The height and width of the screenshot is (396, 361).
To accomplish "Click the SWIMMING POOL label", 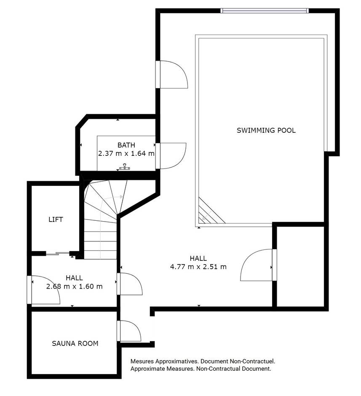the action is click(266, 130).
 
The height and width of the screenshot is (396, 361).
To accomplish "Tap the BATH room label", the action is click(126, 145).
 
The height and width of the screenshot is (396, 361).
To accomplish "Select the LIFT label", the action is click(56, 219).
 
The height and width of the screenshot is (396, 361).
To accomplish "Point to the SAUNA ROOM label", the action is click(75, 343).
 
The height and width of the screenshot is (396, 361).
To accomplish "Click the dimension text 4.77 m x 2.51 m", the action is click(198, 267).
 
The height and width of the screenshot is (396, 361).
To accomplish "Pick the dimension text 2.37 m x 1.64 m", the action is click(126, 153).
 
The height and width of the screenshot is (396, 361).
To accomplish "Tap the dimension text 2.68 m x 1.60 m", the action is click(75, 286).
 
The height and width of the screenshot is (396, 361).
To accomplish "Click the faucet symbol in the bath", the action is click(124, 167).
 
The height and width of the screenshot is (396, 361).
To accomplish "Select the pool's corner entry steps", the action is click(211, 211).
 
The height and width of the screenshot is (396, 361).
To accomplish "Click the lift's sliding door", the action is click(58, 253).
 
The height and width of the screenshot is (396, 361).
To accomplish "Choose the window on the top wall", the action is click(265, 11).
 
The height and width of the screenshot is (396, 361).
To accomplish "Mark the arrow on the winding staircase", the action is click(111, 198).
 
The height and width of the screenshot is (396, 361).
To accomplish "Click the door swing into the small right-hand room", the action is click(256, 265).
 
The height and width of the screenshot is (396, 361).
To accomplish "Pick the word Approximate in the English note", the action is click(147, 369).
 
